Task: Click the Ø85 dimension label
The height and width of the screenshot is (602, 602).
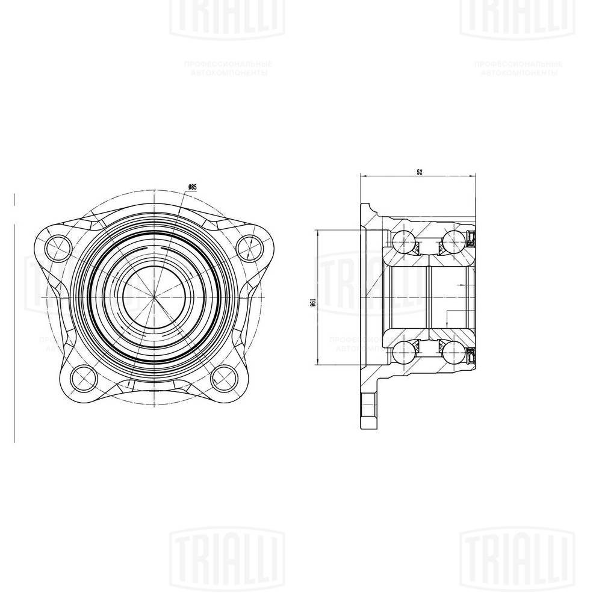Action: tap(193, 187)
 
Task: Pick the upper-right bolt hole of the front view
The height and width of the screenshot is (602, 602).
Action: tap(247, 245)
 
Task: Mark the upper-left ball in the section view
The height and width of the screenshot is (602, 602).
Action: tap(402, 243)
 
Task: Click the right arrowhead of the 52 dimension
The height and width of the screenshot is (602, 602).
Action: tap(473, 176)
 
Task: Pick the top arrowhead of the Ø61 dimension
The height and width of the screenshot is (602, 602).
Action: tap(317, 233)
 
